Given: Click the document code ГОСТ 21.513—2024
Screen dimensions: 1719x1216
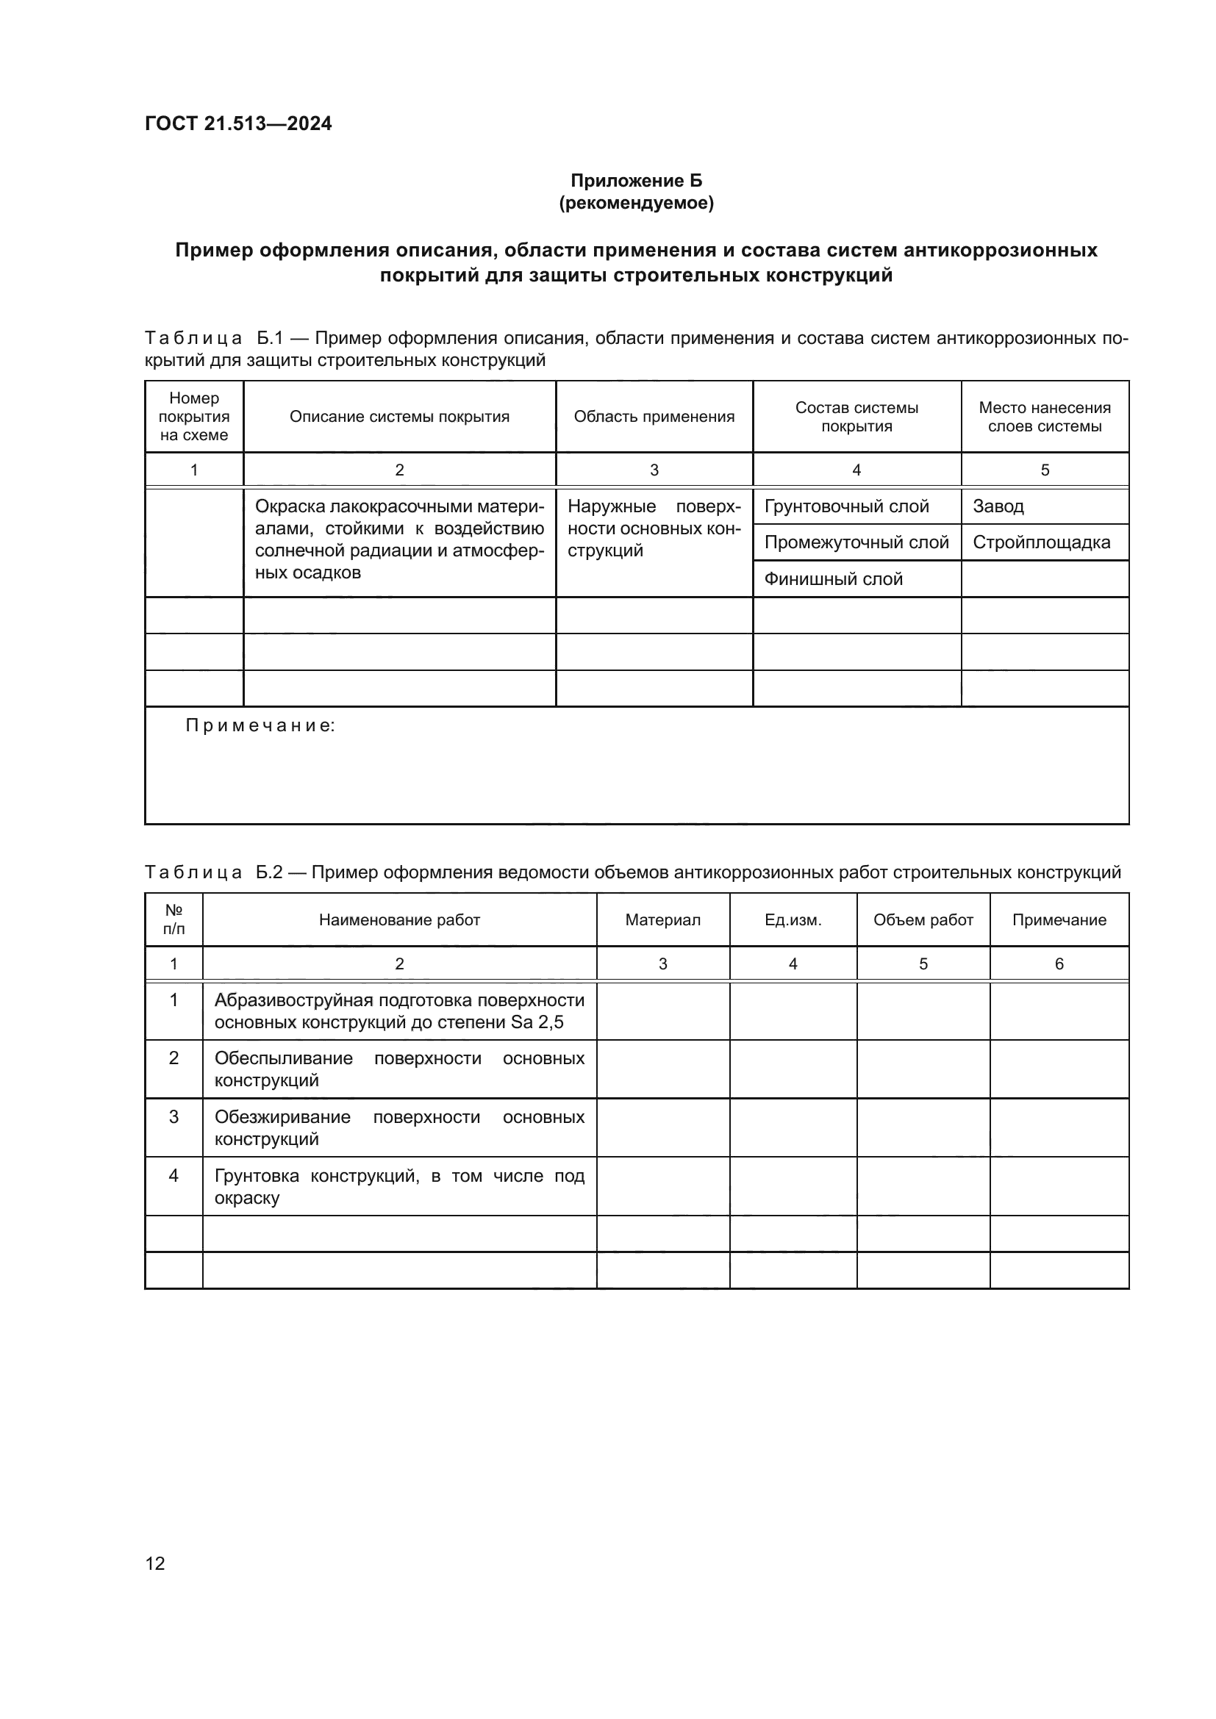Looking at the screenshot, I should (x=238, y=123).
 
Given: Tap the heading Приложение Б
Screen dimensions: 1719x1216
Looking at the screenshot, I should (x=636, y=181).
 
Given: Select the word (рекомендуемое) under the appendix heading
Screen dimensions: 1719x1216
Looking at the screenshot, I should (x=636, y=203).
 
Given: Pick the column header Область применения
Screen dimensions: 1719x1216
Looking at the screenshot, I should (x=654, y=417).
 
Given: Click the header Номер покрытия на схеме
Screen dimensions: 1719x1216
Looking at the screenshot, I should (x=194, y=417).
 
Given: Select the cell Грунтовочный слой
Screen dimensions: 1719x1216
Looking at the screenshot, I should (x=846, y=507).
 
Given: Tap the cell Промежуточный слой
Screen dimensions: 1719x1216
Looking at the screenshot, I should (x=856, y=543).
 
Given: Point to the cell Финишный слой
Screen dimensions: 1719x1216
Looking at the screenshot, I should (x=834, y=579).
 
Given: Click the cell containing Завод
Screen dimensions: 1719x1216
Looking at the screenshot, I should (x=998, y=507).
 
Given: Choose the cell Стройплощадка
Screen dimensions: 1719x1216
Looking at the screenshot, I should (x=1041, y=543).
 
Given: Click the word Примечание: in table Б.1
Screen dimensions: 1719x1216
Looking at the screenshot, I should (x=260, y=725).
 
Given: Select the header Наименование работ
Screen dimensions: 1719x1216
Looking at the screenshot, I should (x=399, y=920).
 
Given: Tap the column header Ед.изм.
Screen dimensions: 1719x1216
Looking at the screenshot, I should (x=793, y=920).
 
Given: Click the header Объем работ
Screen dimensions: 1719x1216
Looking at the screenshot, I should (x=923, y=920).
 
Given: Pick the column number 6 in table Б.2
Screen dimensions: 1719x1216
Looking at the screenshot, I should (x=1059, y=964).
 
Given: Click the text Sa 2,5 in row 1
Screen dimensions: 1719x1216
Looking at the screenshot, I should (x=537, y=1023).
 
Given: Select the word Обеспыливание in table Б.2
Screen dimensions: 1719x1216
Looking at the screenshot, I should (x=283, y=1058).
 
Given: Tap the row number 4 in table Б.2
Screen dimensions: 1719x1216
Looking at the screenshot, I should (x=174, y=1176).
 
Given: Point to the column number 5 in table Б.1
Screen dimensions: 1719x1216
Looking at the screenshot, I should (x=1045, y=470).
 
